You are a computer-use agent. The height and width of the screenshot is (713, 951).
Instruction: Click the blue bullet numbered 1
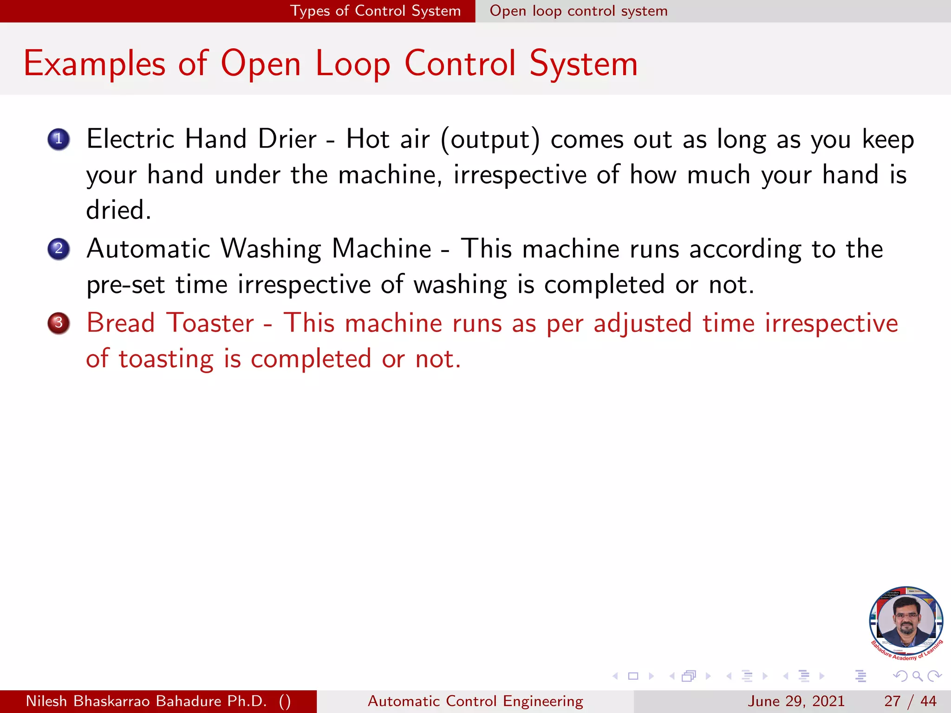[x=59, y=139]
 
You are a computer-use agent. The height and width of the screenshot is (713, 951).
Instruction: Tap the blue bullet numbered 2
[x=59, y=249]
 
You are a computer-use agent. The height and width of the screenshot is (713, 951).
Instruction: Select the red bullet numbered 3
[x=59, y=323]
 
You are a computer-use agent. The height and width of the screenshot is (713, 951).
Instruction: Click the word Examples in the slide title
[x=94, y=64]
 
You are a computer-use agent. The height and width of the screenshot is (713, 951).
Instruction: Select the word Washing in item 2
[x=270, y=249]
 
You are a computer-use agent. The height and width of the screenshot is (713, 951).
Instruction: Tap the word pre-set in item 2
[x=125, y=285]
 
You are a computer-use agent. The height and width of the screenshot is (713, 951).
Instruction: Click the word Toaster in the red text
[x=210, y=323]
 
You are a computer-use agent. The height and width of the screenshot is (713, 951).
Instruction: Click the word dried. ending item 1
[x=118, y=210]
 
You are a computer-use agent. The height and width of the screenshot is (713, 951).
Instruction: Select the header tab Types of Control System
[x=375, y=11]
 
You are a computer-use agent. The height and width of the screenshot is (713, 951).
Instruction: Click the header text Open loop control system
[x=579, y=11]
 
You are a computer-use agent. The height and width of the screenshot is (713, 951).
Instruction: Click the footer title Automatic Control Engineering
[x=475, y=701]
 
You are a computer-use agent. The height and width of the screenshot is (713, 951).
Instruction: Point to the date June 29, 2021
[x=796, y=701]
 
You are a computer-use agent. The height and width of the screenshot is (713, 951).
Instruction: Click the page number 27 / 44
[x=910, y=701]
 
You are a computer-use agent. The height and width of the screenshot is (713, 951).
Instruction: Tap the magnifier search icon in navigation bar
[x=917, y=676]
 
